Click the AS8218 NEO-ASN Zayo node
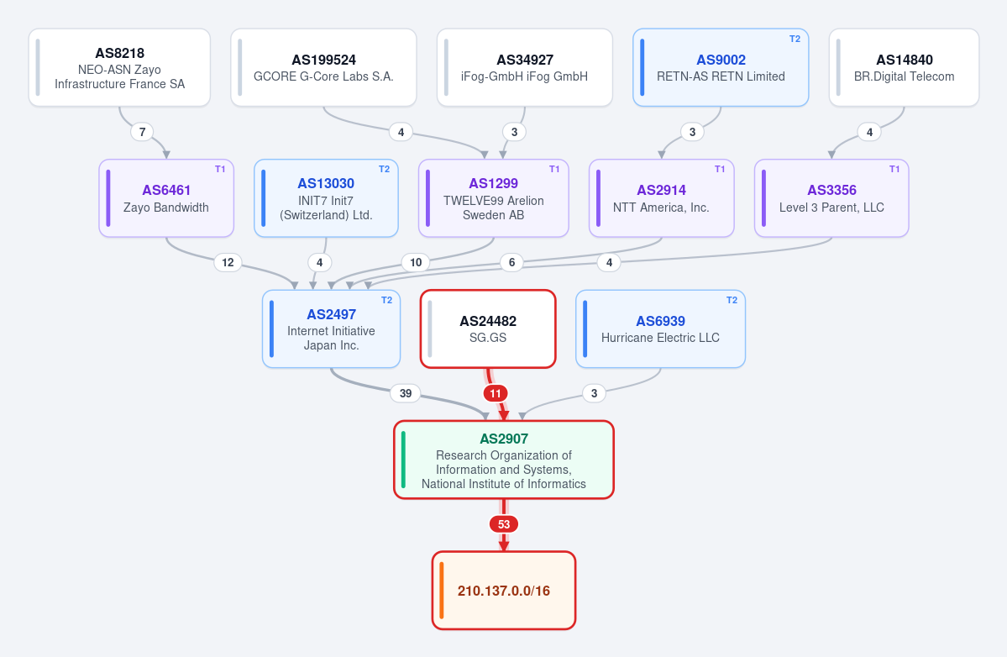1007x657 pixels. (119, 67)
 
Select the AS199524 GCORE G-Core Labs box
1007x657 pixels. (323, 67)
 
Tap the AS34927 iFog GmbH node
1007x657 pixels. (525, 67)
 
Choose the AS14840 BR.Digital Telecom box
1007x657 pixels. (905, 67)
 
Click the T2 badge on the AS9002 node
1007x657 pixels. (795, 39)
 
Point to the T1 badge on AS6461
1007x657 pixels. (220, 169)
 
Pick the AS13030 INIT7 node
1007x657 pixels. (326, 197)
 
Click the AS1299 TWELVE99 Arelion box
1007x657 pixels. (494, 197)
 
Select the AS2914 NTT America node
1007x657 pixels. (662, 197)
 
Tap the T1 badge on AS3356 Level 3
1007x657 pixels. (894, 169)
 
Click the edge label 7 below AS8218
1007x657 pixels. (143, 132)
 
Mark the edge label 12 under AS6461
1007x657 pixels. (228, 262)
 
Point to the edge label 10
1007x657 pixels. (417, 262)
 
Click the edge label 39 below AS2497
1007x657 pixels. (406, 393)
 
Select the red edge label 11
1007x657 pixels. (496, 393)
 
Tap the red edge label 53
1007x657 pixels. (504, 524)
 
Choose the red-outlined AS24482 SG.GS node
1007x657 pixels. (488, 328)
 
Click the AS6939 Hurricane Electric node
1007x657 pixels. (661, 328)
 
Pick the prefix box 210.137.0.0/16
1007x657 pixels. (504, 591)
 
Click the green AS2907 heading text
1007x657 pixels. (504, 439)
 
